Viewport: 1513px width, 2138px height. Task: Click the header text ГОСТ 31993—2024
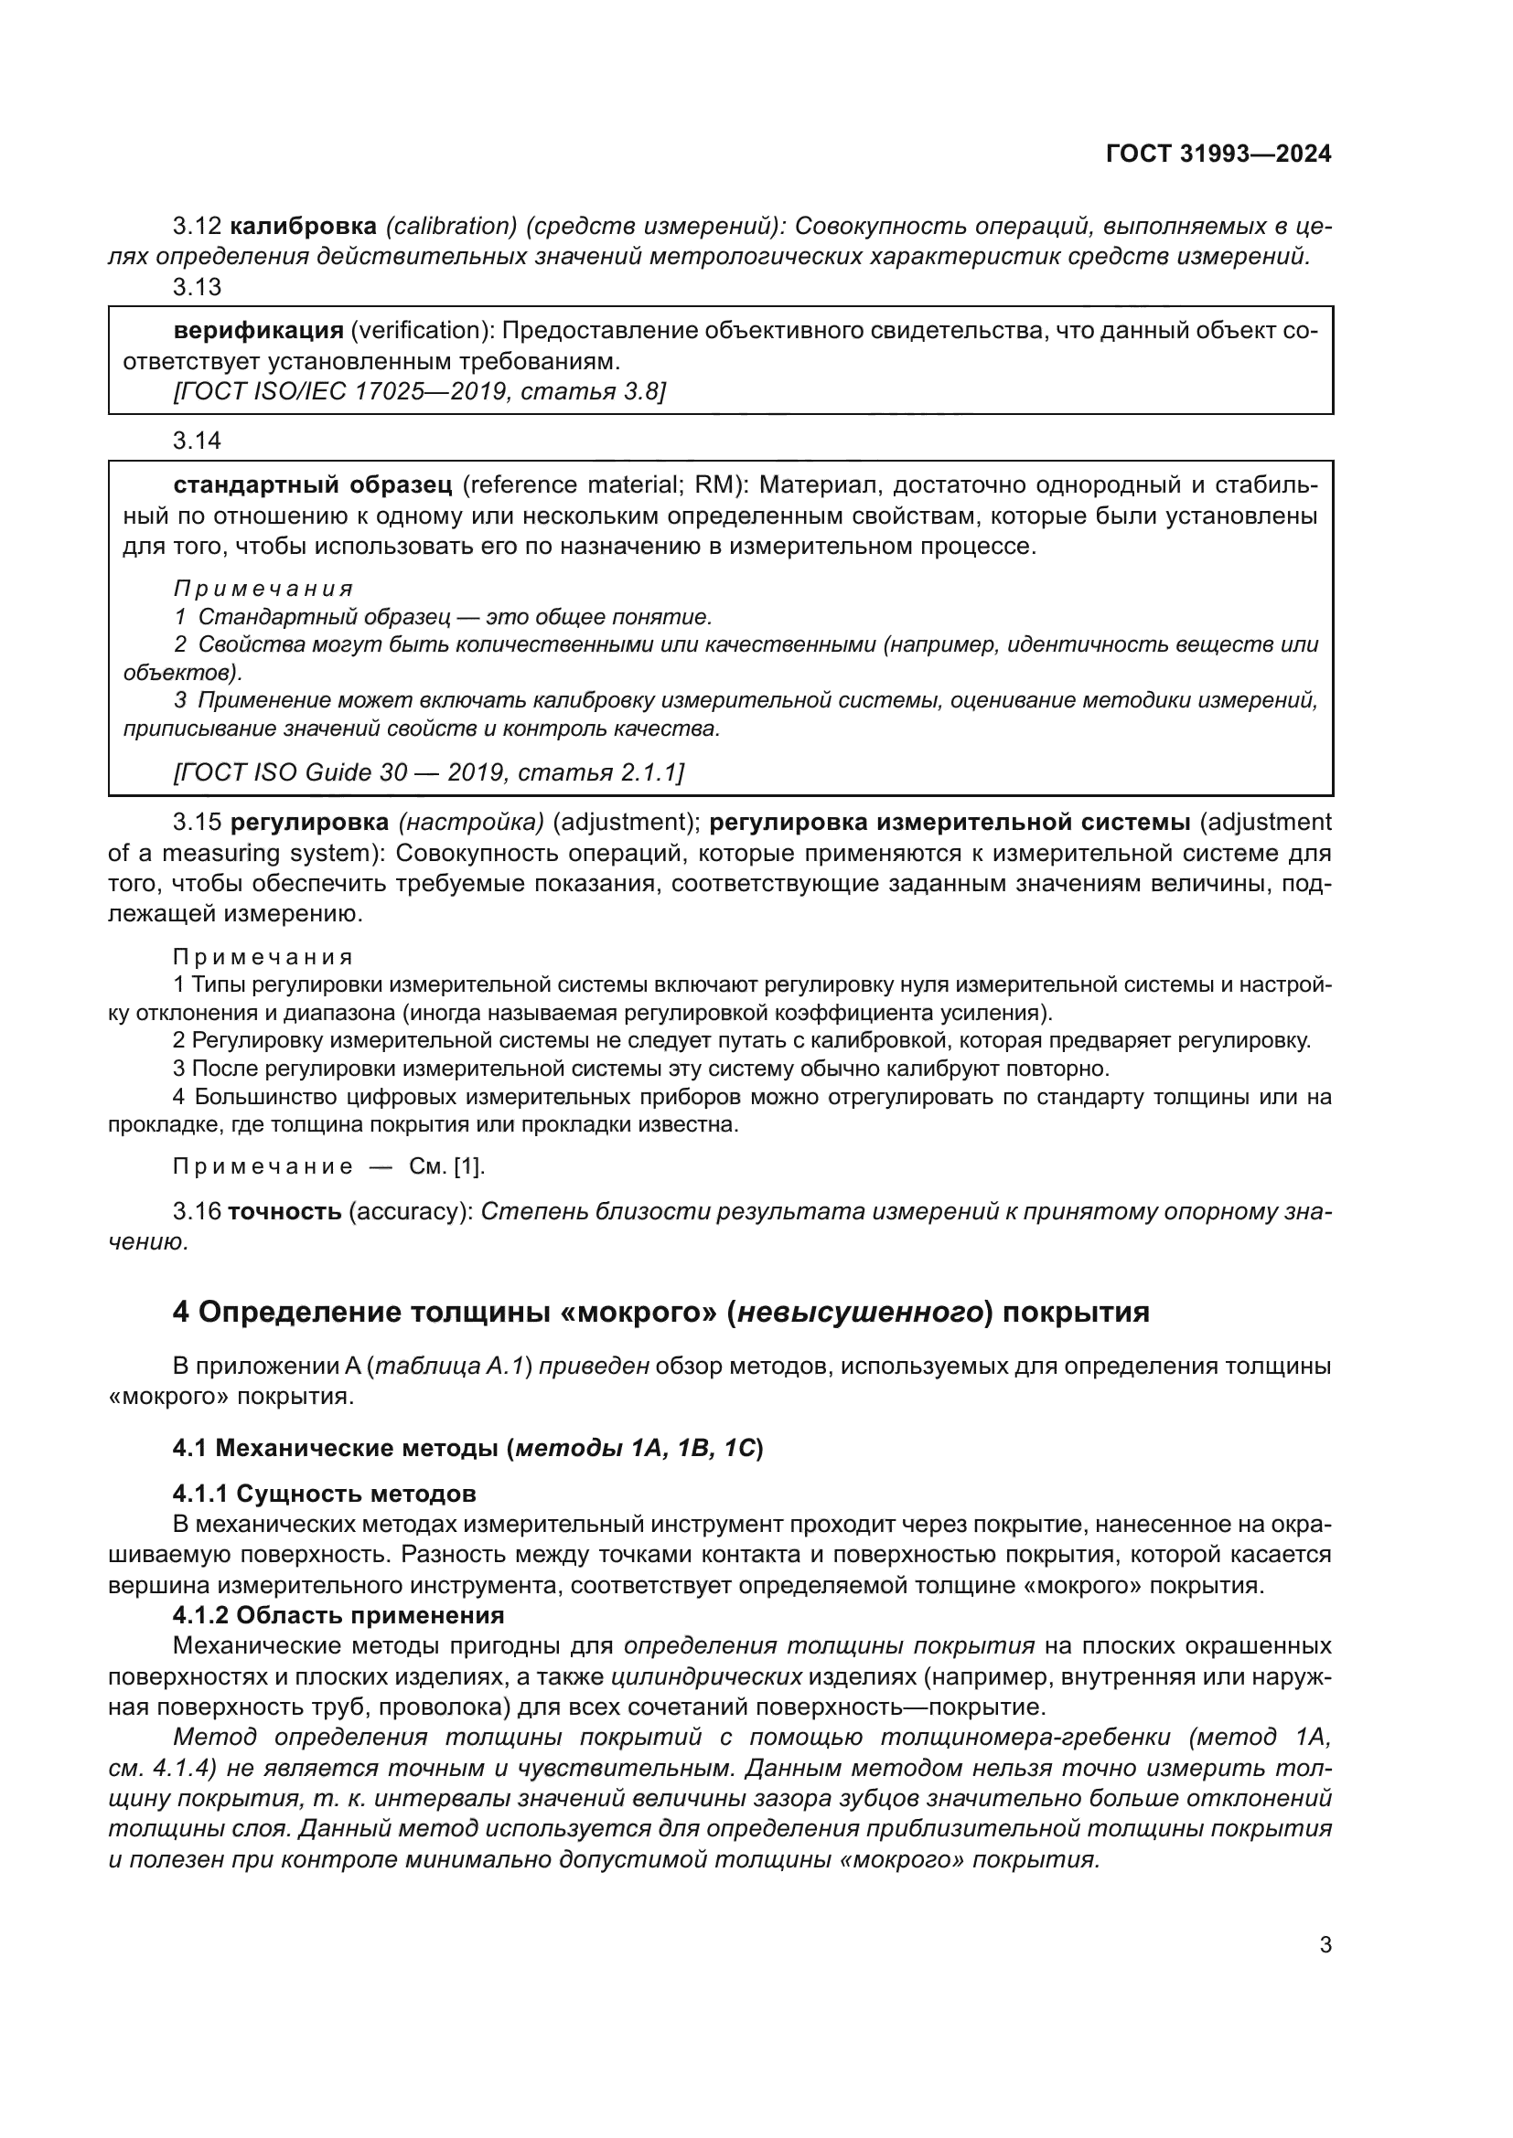[x=1218, y=154]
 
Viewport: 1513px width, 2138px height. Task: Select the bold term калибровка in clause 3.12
[x=303, y=227]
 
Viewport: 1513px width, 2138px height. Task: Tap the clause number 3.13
[x=197, y=288]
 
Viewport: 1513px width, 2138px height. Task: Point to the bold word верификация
[x=259, y=331]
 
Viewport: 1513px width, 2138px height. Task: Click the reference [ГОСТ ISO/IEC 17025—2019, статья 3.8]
[x=419, y=392]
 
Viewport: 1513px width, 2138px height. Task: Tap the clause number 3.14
[x=197, y=441]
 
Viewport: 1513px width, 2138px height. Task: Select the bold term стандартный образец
[x=313, y=485]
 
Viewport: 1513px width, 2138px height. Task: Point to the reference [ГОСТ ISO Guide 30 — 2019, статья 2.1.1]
[x=428, y=773]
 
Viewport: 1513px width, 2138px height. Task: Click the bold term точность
[x=285, y=1211]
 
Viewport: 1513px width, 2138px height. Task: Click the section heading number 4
[x=182, y=1312]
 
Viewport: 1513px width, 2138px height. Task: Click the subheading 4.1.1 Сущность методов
[x=324, y=1494]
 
